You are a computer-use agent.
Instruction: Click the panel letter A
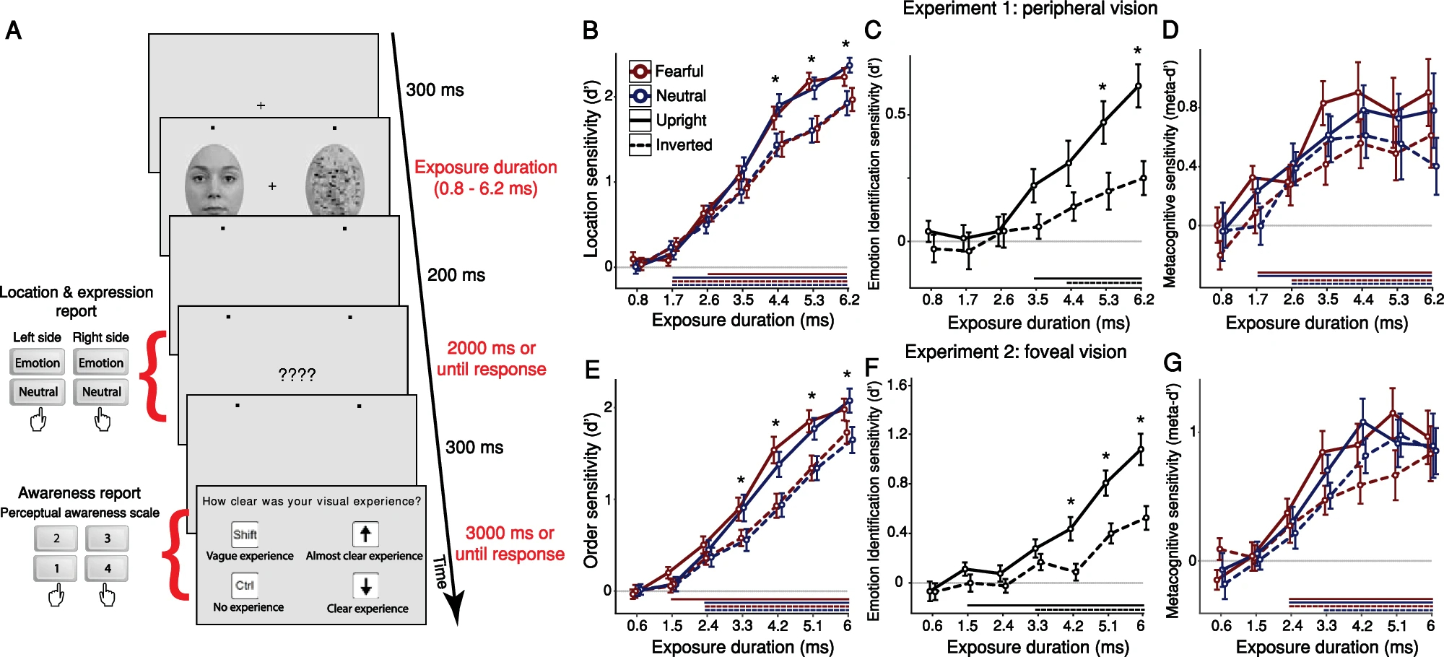pos(14,31)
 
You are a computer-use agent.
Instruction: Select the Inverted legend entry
pos(671,145)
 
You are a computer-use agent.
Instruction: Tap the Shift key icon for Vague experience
pos(245,535)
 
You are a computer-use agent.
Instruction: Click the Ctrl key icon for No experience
pos(245,586)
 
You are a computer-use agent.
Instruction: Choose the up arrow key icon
pos(365,534)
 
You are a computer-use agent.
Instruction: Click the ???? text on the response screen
pos(297,375)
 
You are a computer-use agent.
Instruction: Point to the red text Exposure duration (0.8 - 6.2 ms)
pos(485,178)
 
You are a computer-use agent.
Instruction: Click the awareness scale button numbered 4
pos(107,568)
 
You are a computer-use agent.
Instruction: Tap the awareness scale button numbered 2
pos(56,538)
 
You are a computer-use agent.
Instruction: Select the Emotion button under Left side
pos(38,362)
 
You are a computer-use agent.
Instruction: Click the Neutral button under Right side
pos(101,392)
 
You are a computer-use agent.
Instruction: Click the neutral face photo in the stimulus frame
pos(214,180)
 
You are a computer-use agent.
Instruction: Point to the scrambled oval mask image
pos(335,180)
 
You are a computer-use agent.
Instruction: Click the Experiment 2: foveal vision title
pos(1015,352)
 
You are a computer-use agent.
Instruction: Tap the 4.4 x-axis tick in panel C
pos(1074,300)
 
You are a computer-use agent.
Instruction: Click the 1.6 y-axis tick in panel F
pos(897,386)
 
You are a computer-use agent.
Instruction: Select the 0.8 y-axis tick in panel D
pos(1188,107)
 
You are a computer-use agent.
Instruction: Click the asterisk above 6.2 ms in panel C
pos(1138,51)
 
